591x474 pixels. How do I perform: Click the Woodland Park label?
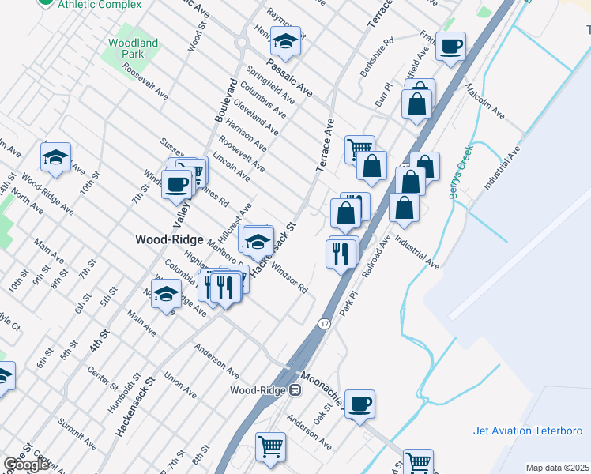click(133, 48)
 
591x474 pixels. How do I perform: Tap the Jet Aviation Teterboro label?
click(527, 431)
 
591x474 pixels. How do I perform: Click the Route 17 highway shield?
click(325, 324)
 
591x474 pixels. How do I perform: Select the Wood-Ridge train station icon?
click(295, 389)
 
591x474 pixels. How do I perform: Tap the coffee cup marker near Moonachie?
click(359, 404)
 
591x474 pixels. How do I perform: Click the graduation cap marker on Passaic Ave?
click(285, 39)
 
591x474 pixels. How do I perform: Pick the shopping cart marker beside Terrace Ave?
click(359, 147)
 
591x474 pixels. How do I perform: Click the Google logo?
click(27, 465)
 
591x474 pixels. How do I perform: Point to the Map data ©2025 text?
click(558, 468)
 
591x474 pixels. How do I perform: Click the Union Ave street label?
click(182, 387)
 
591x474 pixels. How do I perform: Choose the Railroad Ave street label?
click(376, 255)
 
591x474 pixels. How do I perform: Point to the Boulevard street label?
click(225, 100)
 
